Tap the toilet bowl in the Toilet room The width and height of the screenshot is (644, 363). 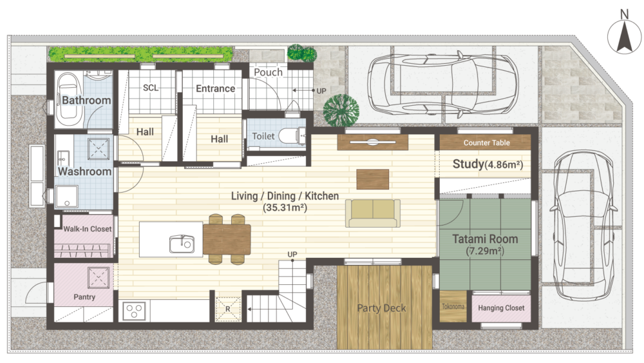click(x=287, y=135)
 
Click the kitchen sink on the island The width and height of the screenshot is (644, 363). click(x=182, y=244)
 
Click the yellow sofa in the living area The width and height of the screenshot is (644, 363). click(x=373, y=213)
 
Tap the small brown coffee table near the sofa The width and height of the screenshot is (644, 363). click(x=372, y=179)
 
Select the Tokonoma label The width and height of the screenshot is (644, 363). click(x=453, y=307)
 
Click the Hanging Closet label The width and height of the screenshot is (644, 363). click(x=501, y=308)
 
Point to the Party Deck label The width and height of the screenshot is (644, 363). click(x=381, y=308)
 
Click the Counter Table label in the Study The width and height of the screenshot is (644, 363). click(x=487, y=142)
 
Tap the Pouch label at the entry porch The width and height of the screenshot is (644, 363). click(x=268, y=72)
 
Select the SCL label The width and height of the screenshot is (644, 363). click(x=150, y=88)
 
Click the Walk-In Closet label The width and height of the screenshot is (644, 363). click(x=87, y=229)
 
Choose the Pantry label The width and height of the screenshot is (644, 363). click(x=84, y=297)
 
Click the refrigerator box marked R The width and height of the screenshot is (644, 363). click(x=228, y=309)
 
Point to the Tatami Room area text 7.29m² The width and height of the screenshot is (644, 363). click(x=485, y=251)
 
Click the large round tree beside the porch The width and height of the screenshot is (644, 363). click(x=341, y=110)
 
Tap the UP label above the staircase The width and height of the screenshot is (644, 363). click(x=292, y=255)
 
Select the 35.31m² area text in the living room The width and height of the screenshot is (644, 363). click(x=285, y=208)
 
